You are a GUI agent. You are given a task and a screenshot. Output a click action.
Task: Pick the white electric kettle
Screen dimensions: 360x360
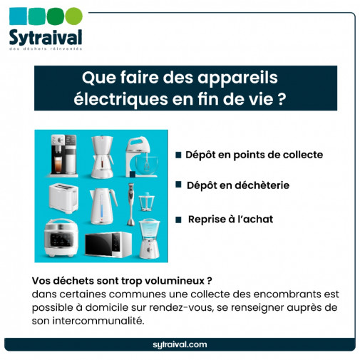(100, 201)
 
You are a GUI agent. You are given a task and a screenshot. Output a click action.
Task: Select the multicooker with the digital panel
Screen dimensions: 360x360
(60, 240)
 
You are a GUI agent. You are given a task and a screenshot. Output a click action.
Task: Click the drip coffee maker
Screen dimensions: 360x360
(99, 155)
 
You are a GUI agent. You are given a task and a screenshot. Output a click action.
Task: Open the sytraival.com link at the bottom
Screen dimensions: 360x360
(180, 344)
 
